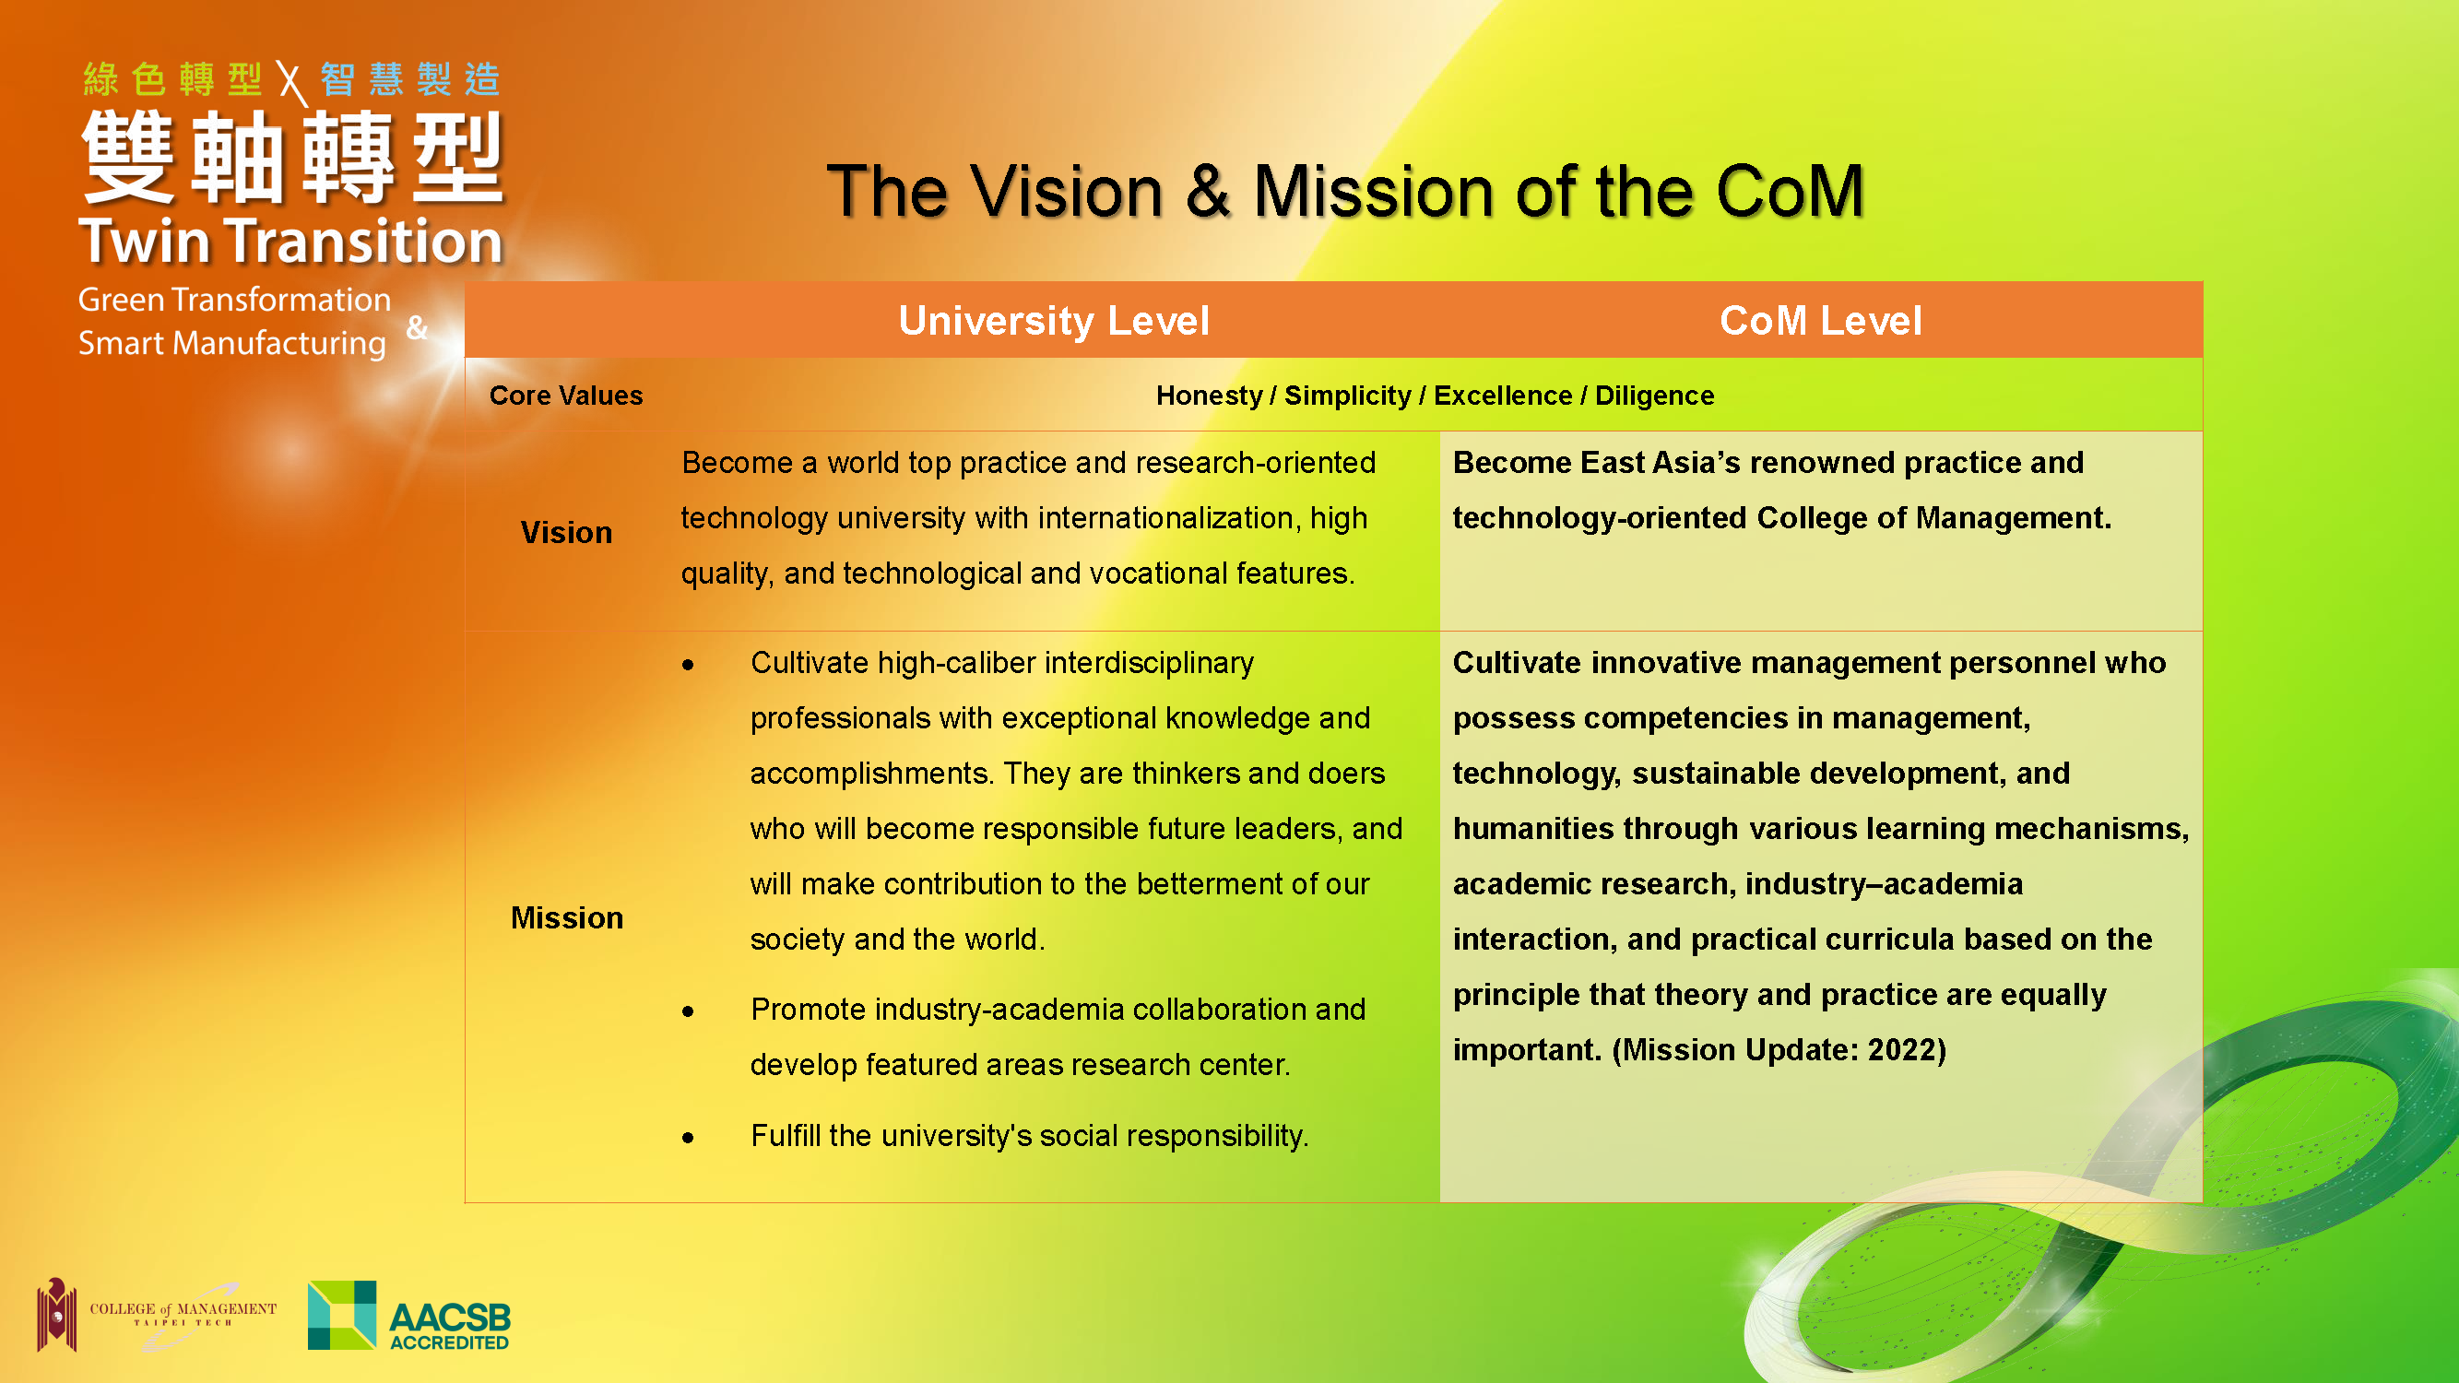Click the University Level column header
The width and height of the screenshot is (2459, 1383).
(x=1054, y=321)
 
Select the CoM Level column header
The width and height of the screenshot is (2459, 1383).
(x=1820, y=321)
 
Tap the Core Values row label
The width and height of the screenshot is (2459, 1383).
(x=566, y=396)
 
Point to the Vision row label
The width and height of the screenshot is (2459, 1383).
(x=566, y=532)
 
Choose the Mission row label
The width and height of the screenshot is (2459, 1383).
(x=567, y=917)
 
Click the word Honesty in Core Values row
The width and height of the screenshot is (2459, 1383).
(x=1209, y=396)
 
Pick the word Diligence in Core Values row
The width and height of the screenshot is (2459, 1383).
(x=1654, y=396)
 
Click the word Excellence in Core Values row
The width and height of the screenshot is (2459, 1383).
(x=1503, y=396)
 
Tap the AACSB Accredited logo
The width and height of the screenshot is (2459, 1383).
(x=408, y=1316)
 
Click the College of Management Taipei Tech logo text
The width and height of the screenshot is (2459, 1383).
(x=183, y=1313)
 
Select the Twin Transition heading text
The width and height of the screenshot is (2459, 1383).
(x=290, y=241)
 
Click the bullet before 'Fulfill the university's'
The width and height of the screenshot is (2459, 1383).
(x=687, y=1137)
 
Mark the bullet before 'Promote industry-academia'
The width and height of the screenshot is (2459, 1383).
(x=687, y=1011)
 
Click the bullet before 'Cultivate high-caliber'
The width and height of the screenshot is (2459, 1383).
(x=687, y=664)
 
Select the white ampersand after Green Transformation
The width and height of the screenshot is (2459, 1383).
(x=416, y=327)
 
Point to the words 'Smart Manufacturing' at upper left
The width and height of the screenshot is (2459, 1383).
(x=232, y=344)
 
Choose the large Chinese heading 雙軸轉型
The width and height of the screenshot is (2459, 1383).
(x=292, y=157)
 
